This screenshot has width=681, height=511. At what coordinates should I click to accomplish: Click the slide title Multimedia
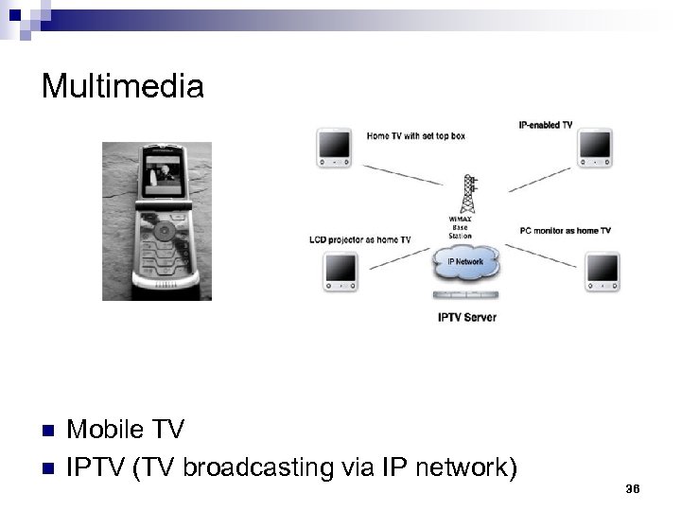point(123,87)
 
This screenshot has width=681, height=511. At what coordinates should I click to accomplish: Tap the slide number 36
point(633,487)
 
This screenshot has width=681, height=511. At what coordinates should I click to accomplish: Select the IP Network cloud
point(464,264)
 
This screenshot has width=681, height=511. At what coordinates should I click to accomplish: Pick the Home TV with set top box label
point(415,136)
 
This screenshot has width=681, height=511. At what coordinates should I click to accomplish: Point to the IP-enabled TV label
point(546,126)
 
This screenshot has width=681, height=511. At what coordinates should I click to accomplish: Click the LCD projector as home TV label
point(359,240)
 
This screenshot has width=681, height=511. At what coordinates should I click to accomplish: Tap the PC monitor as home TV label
point(565,231)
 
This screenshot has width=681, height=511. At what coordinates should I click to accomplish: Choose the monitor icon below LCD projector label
point(337,272)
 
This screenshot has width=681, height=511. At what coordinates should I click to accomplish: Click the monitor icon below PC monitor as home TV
point(602,270)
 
